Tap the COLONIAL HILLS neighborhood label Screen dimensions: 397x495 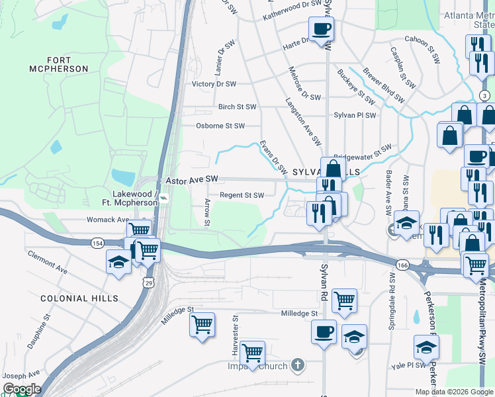tap(79, 299)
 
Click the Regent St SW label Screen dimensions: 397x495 tap(242, 195)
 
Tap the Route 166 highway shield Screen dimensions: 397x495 tap(402, 265)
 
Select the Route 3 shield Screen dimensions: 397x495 tap(485, 96)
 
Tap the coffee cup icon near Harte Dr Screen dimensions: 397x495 tap(321, 29)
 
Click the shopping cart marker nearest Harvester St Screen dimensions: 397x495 tap(253, 353)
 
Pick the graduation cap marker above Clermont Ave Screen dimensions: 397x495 tap(118, 262)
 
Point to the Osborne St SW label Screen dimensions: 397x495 tap(220, 126)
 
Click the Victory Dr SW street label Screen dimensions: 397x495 tap(214, 84)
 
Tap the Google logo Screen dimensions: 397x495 tap(21, 389)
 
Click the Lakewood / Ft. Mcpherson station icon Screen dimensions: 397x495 tap(163, 198)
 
